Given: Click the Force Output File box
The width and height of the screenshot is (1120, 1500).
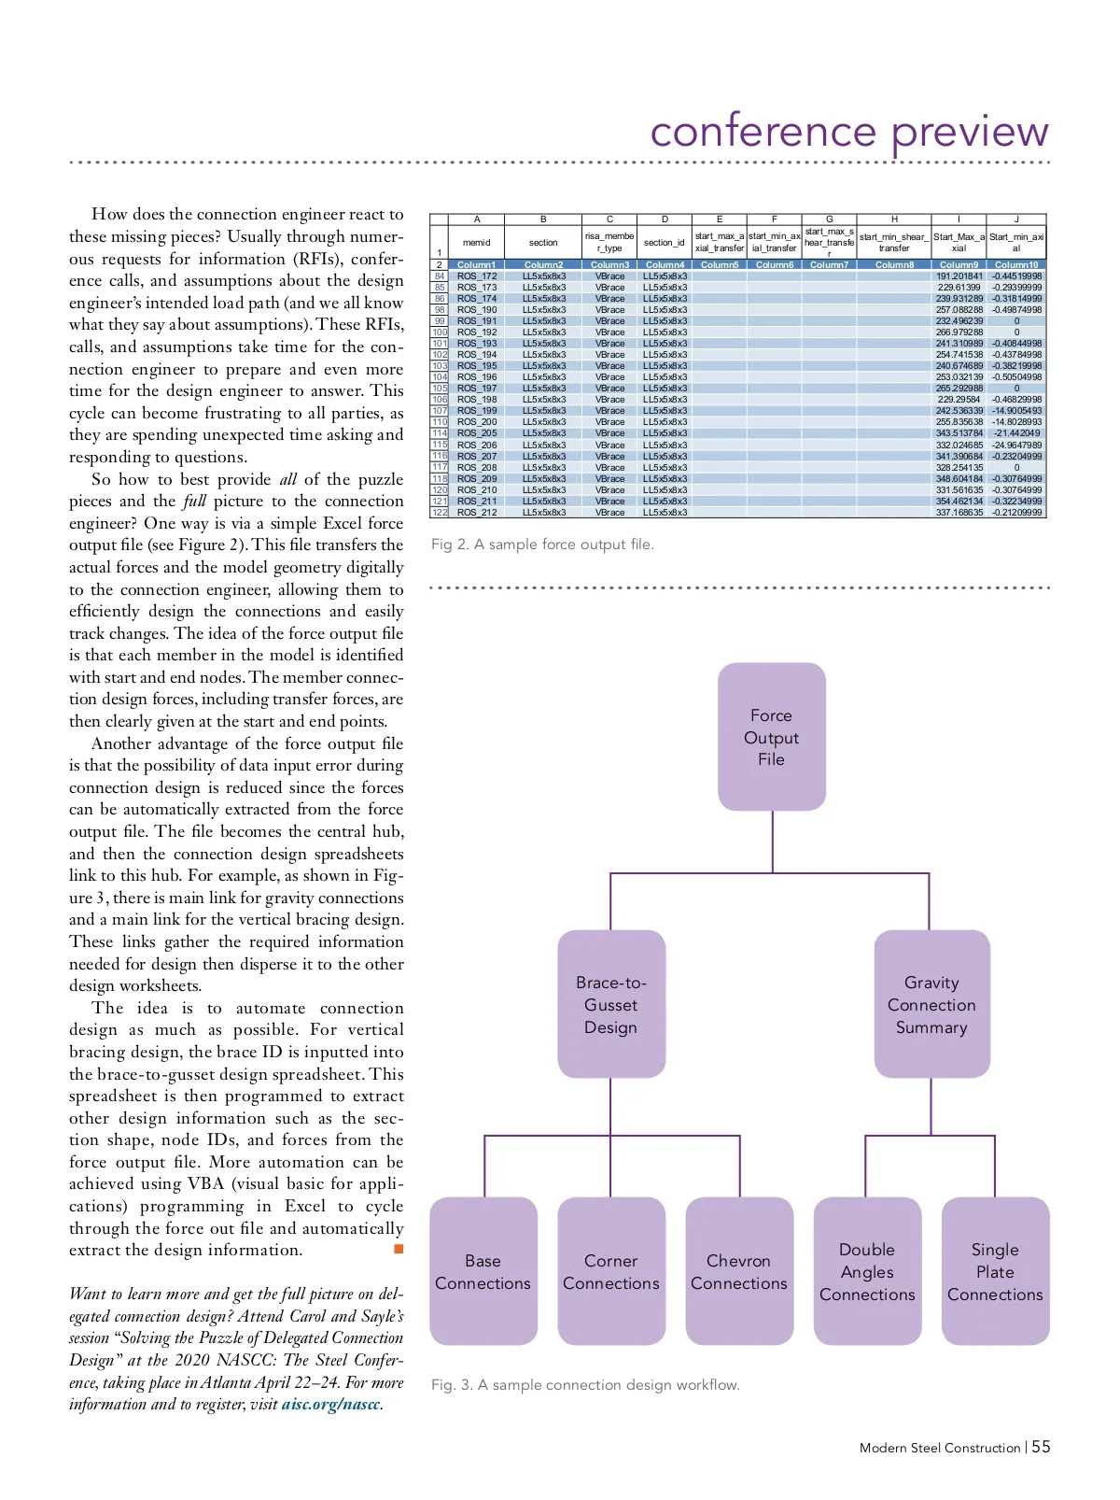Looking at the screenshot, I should (772, 737).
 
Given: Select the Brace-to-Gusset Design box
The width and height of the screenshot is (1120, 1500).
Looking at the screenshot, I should (611, 1004).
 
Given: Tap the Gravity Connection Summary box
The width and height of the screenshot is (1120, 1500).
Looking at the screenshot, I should (931, 1004).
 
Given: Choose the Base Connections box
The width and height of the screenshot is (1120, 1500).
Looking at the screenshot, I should (483, 1271).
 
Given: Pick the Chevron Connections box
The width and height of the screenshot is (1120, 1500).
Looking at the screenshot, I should (739, 1271).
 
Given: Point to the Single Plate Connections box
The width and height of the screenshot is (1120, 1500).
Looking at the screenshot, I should (995, 1271).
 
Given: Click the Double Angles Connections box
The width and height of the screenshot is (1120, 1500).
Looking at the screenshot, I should (867, 1271).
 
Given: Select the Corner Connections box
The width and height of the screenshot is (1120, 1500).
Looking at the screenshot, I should (611, 1271).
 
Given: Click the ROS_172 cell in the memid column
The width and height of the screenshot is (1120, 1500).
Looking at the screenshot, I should (477, 276).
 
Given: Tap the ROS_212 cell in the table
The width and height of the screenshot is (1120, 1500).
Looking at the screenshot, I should (477, 513).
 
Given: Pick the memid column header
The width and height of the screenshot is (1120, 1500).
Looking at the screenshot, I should (476, 243).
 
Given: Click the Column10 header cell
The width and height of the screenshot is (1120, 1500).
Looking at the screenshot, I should (1016, 265).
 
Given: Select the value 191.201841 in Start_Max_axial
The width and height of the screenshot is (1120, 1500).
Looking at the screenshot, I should (959, 276).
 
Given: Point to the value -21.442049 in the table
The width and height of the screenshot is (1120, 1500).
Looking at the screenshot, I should (1016, 433).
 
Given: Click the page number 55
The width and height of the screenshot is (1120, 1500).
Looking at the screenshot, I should (1041, 1447).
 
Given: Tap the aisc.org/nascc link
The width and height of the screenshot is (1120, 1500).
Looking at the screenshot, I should (330, 1405).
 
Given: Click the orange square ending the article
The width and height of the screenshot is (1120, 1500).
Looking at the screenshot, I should (399, 1249).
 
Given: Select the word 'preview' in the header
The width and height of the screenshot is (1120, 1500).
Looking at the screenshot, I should (970, 133).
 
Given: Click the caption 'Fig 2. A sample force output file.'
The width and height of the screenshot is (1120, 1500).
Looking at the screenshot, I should (542, 545).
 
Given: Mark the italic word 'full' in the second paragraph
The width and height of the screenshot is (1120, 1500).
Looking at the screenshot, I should (193, 502).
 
